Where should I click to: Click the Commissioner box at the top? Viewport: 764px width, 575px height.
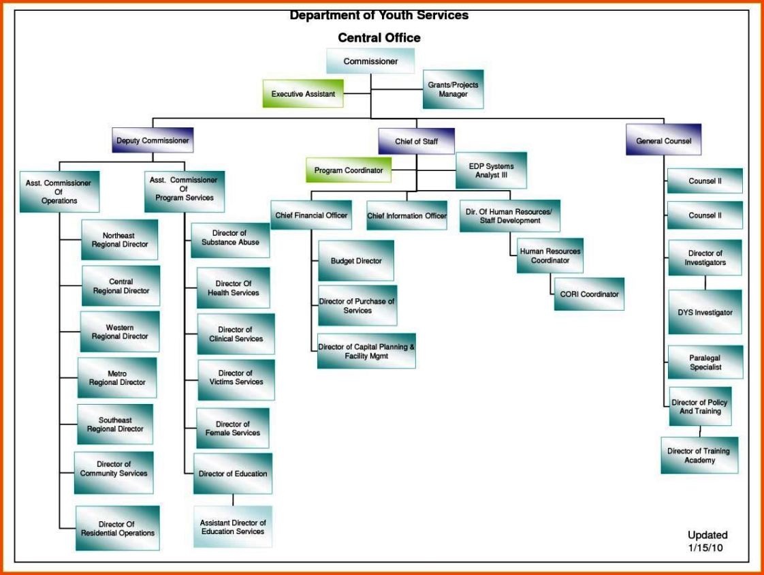(370, 61)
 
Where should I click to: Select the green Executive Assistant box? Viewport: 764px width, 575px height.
(303, 94)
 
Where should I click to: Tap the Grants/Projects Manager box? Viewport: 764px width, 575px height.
(453, 89)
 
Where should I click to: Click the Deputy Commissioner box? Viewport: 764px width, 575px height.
(153, 141)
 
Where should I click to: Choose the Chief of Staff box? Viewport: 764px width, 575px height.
(416, 141)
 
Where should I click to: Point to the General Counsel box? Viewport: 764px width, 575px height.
(663, 141)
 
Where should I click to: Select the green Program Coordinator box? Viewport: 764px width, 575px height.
(349, 170)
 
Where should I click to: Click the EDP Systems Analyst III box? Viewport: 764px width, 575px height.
(491, 170)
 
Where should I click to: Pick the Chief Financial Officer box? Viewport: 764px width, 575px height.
(311, 216)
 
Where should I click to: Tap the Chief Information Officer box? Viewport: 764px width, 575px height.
(407, 216)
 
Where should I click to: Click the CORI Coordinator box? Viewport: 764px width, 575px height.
(589, 294)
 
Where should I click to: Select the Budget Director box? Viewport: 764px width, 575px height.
(356, 261)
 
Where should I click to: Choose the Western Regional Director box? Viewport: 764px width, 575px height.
(120, 332)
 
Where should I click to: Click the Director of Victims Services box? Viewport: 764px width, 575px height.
(236, 378)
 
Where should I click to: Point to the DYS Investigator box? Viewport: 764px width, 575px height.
(705, 313)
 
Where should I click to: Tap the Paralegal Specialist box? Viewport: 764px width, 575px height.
(705, 362)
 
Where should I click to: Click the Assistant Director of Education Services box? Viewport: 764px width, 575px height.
(232, 527)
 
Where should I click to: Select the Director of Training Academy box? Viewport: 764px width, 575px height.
(699, 456)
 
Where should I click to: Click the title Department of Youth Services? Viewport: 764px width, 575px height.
(379, 15)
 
